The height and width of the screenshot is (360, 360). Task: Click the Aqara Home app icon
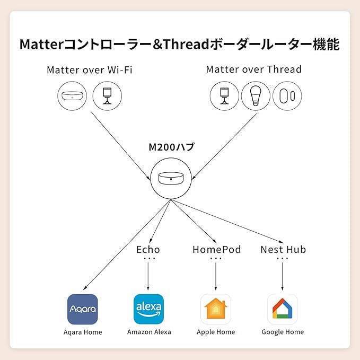(83, 309)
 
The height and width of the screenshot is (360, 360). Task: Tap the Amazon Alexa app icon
(148, 309)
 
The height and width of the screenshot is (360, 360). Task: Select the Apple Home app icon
(216, 309)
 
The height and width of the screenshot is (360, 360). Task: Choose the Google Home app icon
(282, 309)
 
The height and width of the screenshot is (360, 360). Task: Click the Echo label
(148, 249)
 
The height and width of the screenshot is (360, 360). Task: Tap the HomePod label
(216, 249)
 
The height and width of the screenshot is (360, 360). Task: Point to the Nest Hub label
(283, 249)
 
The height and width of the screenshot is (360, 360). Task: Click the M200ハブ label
(171, 147)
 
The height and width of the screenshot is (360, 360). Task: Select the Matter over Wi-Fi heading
(89, 69)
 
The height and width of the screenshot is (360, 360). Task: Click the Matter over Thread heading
(253, 69)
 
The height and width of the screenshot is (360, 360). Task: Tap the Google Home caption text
(283, 332)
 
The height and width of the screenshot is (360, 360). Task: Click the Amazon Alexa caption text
(149, 332)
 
